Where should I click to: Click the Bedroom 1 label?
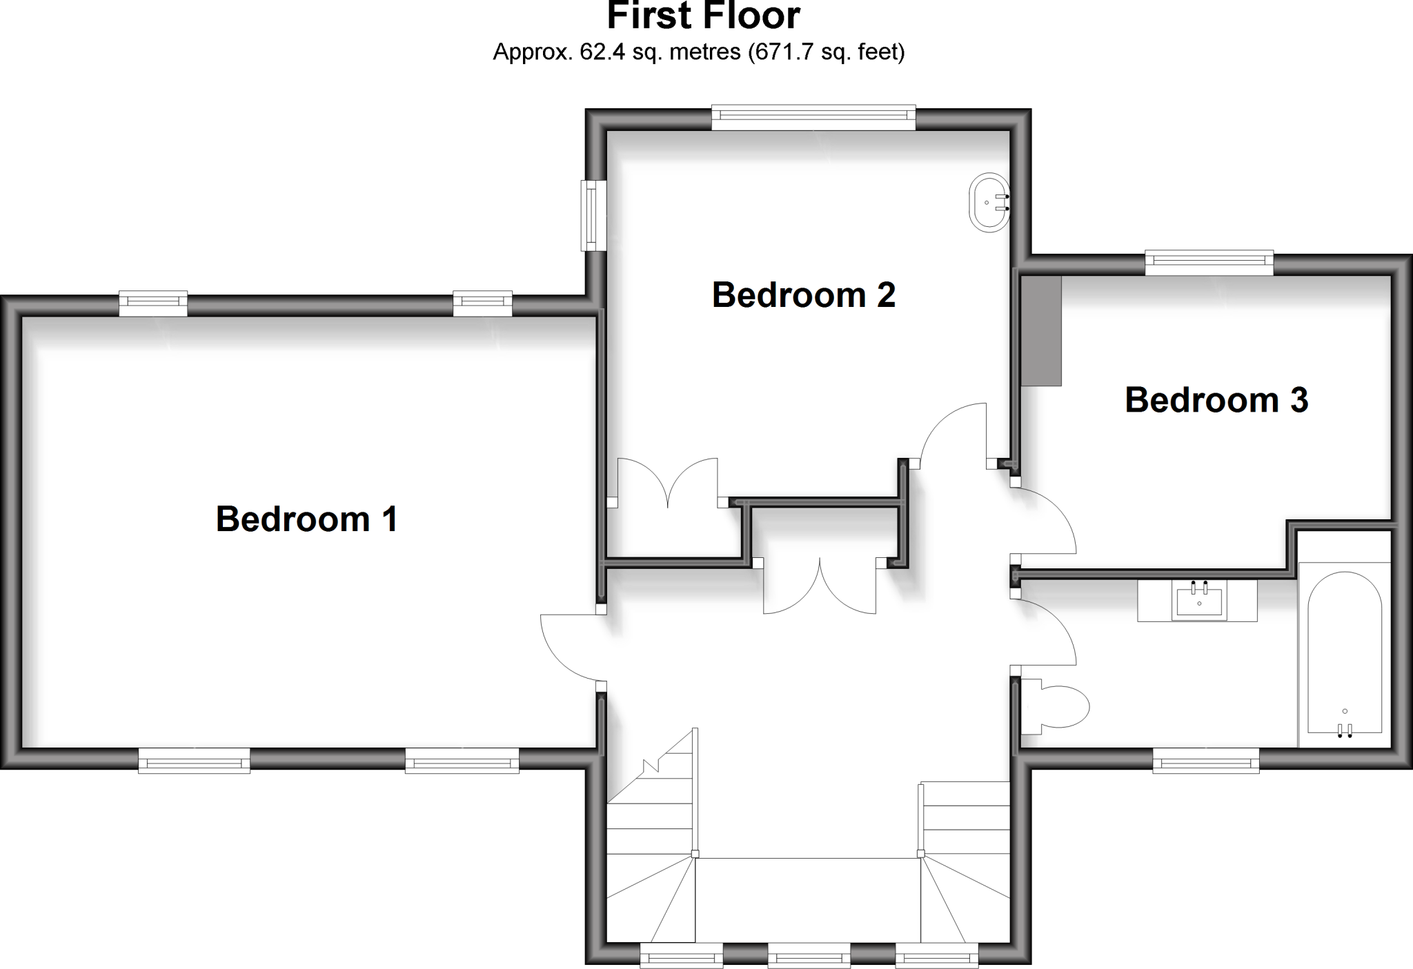[x=307, y=519]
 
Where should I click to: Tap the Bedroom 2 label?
[x=803, y=295]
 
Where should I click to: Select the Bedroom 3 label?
[x=1216, y=400]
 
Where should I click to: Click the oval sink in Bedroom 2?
[x=990, y=201]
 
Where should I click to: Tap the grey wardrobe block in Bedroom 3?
[x=1041, y=331]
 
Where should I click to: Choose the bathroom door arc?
[x=1045, y=631]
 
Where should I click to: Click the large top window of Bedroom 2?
[x=813, y=117]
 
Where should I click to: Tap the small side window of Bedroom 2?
[x=592, y=215]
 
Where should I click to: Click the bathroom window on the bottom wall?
[x=1206, y=761]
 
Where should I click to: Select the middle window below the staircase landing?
[x=809, y=956]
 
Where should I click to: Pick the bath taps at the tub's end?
[x=1345, y=730]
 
